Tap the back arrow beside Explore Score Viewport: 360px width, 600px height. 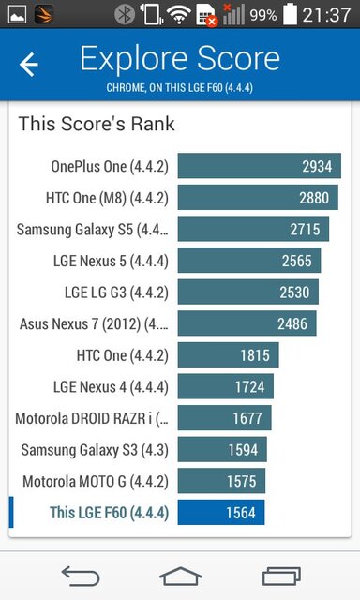click(x=29, y=64)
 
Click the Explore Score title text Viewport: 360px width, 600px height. click(x=180, y=58)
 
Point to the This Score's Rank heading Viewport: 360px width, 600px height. click(x=97, y=124)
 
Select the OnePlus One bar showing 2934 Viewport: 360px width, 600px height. click(x=259, y=166)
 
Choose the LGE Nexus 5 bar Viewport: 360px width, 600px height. click(x=249, y=261)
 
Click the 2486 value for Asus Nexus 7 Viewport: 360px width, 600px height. click(x=292, y=323)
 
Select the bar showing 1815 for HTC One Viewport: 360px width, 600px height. click(x=228, y=355)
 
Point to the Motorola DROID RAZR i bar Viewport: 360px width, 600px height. click(x=224, y=418)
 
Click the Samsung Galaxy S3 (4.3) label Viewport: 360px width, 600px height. click(x=95, y=449)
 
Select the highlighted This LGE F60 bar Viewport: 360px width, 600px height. click(x=220, y=513)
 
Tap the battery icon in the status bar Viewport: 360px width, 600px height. click(x=292, y=15)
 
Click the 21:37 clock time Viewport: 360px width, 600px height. click(x=330, y=15)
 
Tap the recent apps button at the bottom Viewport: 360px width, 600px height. click(x=281, y=574)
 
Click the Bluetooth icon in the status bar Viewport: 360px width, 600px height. click(x=122, y=15)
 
